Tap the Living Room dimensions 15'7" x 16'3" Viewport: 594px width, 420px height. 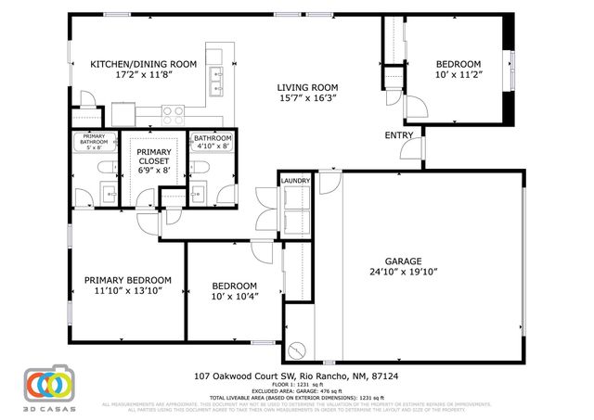[307, 97]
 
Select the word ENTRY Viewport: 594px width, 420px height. [399, 136]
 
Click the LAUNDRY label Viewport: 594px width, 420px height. [297, 180]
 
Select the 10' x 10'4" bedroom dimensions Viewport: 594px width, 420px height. [233, 297]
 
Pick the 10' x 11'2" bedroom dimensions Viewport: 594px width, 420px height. [458, 77]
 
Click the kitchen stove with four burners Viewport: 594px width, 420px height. [173, 113]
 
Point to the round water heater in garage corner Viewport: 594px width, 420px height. [297, 350]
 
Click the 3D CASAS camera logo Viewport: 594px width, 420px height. [47, 384]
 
